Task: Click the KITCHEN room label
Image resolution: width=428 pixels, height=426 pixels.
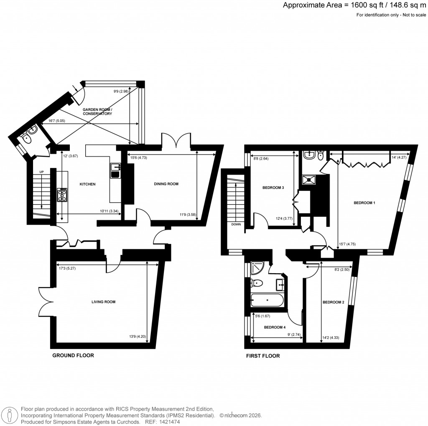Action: tap(88, 184)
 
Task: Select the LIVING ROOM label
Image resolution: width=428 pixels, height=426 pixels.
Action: tap(103, 302)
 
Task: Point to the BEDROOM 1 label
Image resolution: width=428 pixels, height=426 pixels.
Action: tap(364, 203)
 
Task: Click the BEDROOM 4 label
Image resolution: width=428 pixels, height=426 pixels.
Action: tap(275, 327)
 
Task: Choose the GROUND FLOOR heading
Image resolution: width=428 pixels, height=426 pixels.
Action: tap(73, 356)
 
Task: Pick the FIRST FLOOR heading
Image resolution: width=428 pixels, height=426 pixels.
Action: tap(262, 356)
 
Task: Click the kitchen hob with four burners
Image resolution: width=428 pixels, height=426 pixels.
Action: tap(62, 194)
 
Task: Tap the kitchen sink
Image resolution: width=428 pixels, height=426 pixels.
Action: tap(115, 170)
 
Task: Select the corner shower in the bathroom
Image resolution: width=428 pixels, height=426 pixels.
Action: tap(257, 268)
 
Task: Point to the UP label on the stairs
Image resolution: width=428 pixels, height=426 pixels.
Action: tap(41, 172)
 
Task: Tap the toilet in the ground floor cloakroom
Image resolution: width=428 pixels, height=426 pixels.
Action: tap(27, 139)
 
